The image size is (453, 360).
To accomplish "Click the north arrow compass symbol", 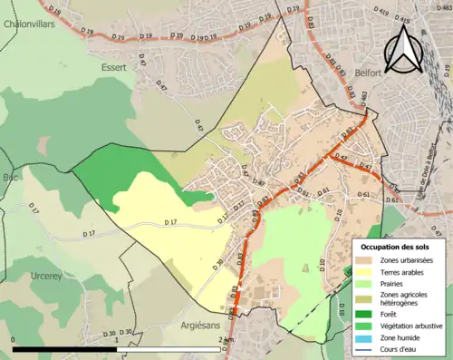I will pos(403,50).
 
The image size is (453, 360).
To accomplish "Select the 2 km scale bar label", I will pos(226,340).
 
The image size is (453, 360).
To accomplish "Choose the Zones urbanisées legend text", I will pos(408,260).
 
